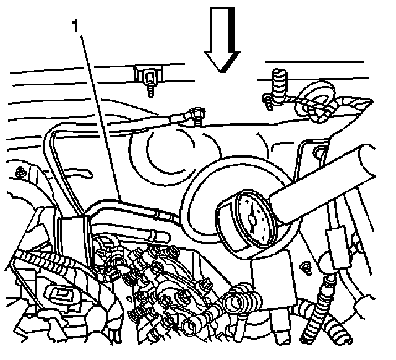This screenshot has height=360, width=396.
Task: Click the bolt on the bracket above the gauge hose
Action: pyautogui.click(x=320, y=151)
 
